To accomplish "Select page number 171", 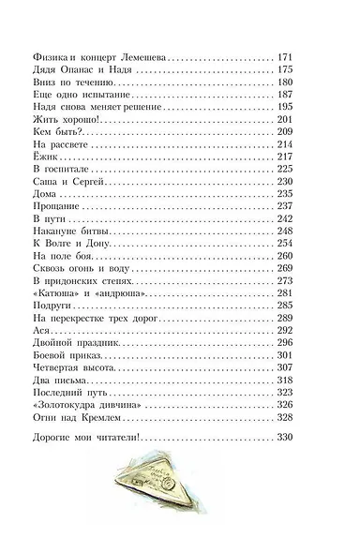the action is (x=287, y=57).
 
